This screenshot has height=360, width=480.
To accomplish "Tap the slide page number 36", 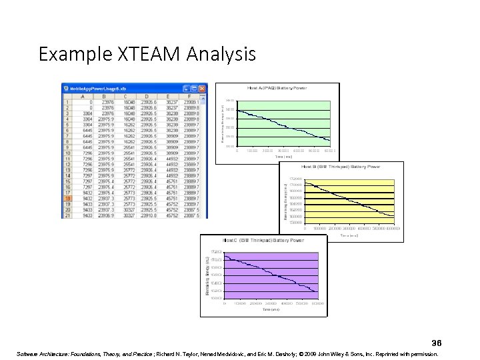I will (437, 343).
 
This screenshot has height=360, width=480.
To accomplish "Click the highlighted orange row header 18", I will (67, 198).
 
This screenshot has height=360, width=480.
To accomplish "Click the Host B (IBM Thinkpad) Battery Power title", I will (341, 167).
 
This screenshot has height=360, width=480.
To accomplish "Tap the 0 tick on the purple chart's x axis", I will (225, 303).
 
